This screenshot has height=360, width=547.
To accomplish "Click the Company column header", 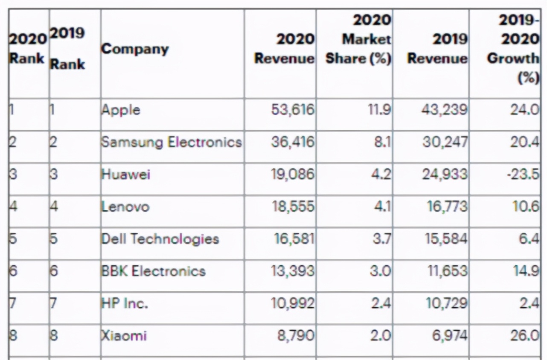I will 135,49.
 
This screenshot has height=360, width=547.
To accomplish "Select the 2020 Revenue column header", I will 285,49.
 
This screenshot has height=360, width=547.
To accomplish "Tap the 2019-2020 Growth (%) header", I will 513,49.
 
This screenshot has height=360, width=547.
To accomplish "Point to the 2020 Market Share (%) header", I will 359,39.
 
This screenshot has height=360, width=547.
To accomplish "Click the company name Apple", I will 121,110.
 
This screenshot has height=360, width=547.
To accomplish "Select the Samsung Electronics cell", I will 171,142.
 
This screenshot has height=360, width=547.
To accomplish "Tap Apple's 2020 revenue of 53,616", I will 293,110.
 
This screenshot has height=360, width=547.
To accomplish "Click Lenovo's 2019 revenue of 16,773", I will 447,207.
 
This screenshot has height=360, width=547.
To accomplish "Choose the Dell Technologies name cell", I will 160,239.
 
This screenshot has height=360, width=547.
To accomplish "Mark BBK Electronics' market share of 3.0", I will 380,271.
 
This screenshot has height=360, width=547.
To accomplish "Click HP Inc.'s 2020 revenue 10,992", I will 293,303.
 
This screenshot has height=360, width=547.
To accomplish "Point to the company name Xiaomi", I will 124,336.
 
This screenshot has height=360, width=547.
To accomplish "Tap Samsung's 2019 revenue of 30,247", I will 445,142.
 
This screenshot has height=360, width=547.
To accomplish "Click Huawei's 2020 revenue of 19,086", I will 293,174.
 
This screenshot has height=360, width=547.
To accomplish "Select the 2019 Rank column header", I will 67,49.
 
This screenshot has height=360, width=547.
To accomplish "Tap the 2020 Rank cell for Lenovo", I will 14,207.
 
